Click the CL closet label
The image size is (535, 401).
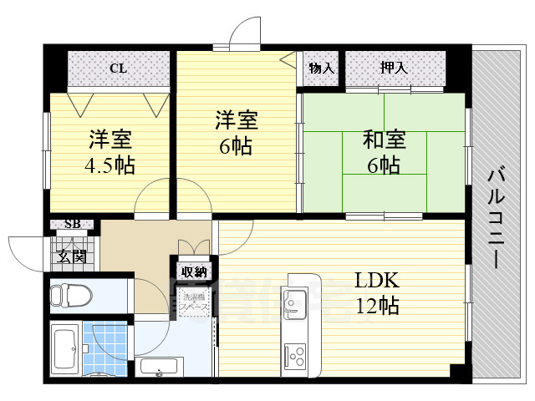coord(118,69)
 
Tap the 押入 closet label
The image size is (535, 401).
coord(394,68)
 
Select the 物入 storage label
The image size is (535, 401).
coord(321,68)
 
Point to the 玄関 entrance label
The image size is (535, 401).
coord(72,256)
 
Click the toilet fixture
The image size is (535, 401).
coord(69,296)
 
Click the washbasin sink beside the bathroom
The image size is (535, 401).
coord(159,366)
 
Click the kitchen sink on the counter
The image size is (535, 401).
coord(297,301)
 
